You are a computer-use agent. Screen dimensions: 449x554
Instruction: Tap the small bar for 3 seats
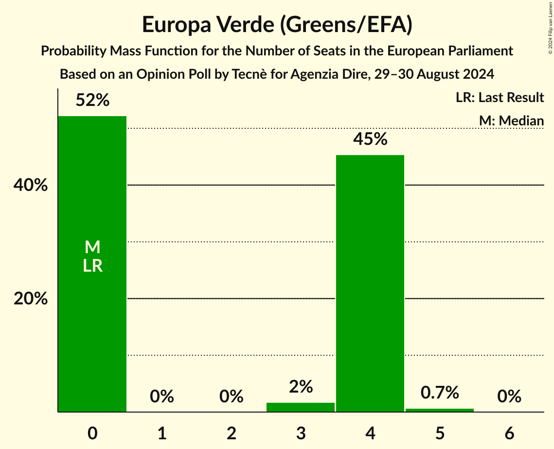pos(301,407)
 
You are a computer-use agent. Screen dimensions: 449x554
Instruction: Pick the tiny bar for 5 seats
pos(440,410)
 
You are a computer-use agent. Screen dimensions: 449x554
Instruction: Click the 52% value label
pos(92,101)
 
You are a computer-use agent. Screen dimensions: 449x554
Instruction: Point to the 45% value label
pos(370,139)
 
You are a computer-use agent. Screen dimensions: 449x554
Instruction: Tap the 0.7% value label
pos(440,393)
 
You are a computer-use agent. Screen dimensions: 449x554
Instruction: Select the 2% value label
pos(301,387)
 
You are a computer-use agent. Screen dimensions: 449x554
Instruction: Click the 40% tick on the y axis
pos(31,186)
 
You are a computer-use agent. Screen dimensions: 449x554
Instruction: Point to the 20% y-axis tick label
pos(31,299)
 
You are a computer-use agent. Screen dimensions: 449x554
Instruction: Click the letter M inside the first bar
pos(92,248)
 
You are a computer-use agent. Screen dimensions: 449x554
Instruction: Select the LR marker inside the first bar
pos(92,266)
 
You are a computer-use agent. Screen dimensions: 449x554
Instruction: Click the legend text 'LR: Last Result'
pos(500,98)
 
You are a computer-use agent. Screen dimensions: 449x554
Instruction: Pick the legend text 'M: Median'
pos(511,121)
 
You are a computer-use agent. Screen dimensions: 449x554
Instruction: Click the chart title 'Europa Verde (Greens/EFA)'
pos(277,25)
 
